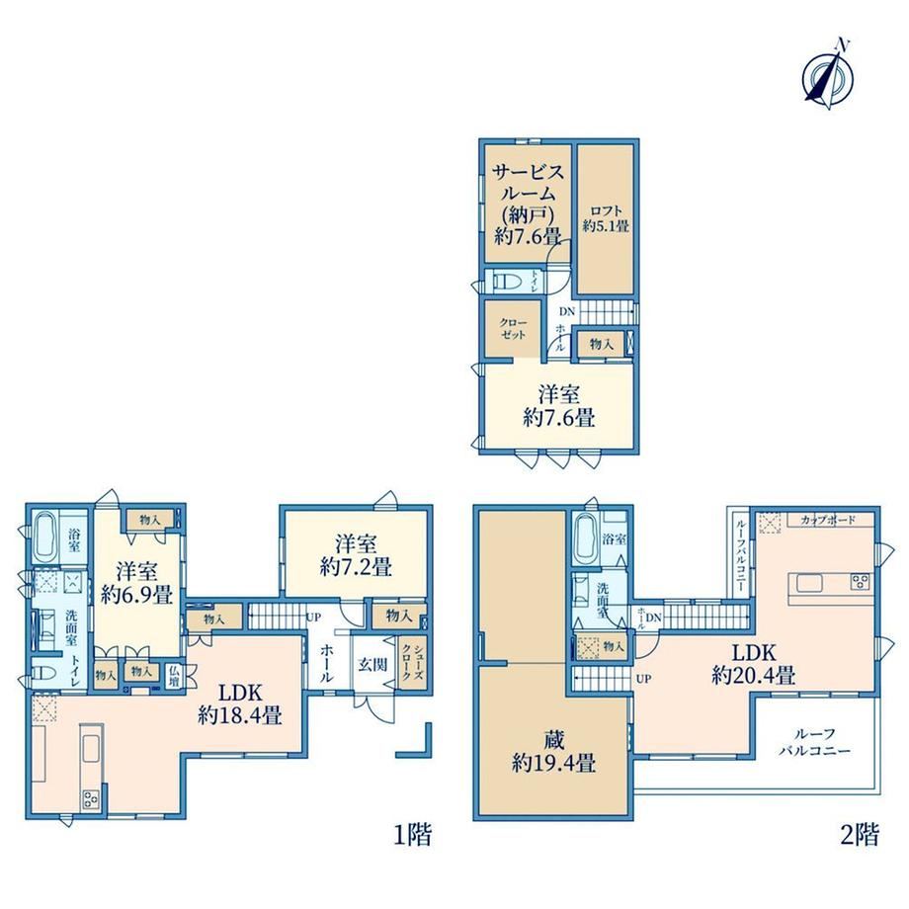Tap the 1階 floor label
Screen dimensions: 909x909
point(413,835)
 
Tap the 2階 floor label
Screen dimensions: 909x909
point(860,835)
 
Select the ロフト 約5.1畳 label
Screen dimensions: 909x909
point(606,218)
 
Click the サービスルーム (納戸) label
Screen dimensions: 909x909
point(528,195)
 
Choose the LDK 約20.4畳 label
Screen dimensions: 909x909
point(754,664)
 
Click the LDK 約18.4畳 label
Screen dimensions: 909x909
point(240,703)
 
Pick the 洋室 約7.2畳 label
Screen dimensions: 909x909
point(356,555)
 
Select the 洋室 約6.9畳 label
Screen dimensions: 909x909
point(136,583)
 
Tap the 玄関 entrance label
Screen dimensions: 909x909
point(372,664)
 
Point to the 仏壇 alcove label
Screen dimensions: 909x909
point(174,676)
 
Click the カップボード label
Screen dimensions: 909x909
point(828,520)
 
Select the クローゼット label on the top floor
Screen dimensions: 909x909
point(513,329)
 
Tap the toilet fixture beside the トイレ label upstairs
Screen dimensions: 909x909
point(509,283)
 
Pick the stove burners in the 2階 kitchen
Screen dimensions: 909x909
point(860,581)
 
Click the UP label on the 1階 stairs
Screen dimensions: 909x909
point(313,618)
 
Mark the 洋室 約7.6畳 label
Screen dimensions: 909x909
point(559,406)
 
